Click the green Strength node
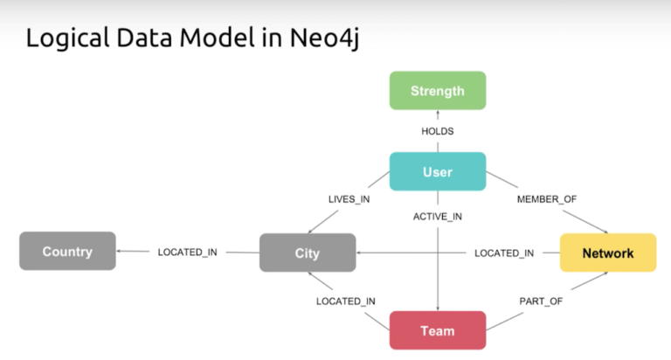[437, 90]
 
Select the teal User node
[437, 171]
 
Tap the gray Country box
[67, 252]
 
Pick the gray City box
[307, 253]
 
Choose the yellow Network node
[607, 253]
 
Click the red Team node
[437, 330]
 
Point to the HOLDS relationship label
[437, 131]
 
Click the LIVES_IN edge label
[347, 200]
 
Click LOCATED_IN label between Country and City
[187, 253]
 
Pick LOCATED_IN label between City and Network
[503, 253]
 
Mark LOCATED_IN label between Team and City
[346, 301]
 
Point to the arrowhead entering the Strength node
[437, 113]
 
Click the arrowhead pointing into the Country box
[121, 253]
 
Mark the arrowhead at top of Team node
[437, 307]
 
